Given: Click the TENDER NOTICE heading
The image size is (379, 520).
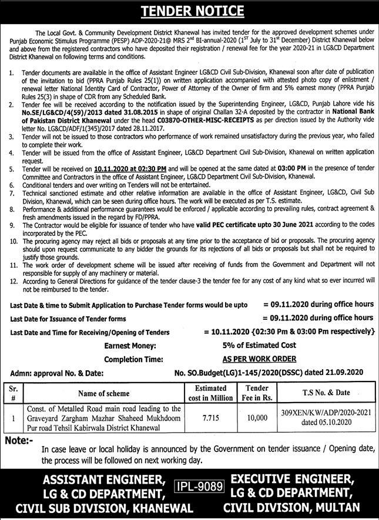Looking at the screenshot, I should click(189, 11).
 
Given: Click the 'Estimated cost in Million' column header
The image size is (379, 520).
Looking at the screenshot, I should click(210, 393).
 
